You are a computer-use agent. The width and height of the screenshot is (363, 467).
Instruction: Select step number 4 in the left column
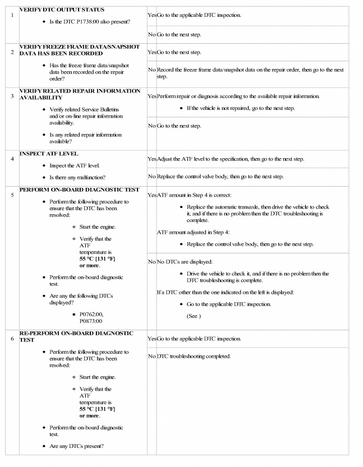pyautogui.click(x=12, y=158)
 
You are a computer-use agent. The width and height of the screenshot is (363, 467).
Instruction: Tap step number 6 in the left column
pyautogui.click(x=12, y=339)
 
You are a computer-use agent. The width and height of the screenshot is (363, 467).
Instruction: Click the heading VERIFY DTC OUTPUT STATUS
pyautogui.click(x=62, y=10)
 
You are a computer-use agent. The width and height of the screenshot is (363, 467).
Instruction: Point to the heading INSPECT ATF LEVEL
pyautogui.click(x=49, y=154)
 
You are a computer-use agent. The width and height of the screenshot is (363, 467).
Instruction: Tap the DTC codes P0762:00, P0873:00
pyautogui.click(x=91, y=317)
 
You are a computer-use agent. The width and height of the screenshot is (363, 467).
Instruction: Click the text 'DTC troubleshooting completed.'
pyautogui.click(x=194, y=356)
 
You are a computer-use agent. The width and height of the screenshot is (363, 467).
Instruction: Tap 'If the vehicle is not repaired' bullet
pyautogui.click(x=240, y=108)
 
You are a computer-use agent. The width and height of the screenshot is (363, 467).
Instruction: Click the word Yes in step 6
pyautogui.click(x=151, y=339)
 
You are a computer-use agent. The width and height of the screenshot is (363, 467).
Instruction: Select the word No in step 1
pyautogui.click(x=151, y=35)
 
